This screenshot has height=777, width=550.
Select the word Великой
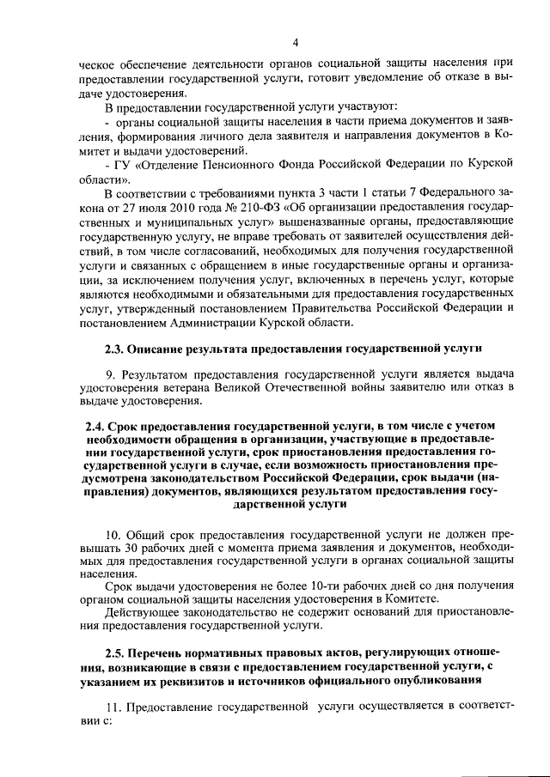[239, 390]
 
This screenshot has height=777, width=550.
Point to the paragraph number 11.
[112, 707]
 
